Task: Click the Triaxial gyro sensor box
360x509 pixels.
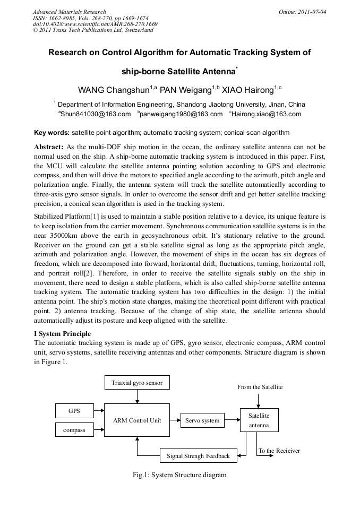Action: click(137, 383)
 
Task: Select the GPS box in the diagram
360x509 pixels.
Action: click(74, 411)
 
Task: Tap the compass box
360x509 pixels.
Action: click(74, 429)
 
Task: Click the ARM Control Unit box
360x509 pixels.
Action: click(137, 420)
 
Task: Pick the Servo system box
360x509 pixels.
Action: click(202, 420)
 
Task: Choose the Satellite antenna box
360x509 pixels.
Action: click(259, 420)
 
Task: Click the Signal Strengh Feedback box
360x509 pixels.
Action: click(199, 455)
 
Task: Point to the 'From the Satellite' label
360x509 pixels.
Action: click(260, 387)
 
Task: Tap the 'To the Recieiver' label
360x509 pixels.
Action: click(279, 451)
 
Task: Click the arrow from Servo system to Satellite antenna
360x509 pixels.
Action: click(232, 420)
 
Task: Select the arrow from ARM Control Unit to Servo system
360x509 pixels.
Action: click(175, 420)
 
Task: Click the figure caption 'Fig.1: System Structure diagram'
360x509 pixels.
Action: click(179, 475)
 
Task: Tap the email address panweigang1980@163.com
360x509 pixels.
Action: click(181, 114)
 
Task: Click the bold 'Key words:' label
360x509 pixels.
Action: click(52, 132)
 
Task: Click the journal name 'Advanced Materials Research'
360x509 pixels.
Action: click(69, 11)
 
